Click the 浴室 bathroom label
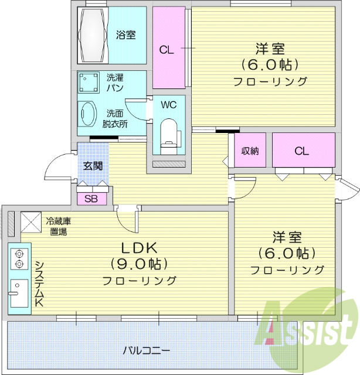(x=125, y=35)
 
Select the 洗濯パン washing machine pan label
(x=114, y=82)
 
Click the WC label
(x=169, y=105)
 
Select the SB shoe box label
(x=91, y=198)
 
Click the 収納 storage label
(x=250, y=151)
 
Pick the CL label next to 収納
(x=301, y=151)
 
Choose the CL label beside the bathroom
(x=167, y=50)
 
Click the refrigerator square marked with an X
(x=30, y=221)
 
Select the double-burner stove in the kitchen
(x=18, y=258)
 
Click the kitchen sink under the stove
(x=18, y=292)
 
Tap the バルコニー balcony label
(x=147, y=351)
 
